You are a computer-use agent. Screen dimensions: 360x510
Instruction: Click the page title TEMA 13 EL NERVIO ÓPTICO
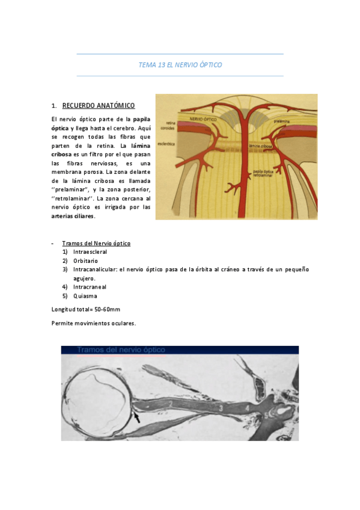coord(180,65)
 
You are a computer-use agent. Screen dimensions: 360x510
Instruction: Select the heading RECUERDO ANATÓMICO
coord(99,106)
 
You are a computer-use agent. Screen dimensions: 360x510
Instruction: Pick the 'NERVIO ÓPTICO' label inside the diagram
coord(203,119)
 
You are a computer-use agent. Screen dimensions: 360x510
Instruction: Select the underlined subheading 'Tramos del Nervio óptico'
coord(96,243)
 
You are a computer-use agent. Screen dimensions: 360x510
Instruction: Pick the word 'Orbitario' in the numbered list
coord(85,261)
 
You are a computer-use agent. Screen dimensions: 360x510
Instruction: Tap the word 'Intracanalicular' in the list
coord(94,269)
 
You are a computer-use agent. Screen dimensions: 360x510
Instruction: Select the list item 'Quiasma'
coord(85,296)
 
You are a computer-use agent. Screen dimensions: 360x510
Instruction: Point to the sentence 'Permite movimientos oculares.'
coord(94,323)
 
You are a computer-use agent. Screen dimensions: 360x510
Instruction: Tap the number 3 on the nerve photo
coord(221,408)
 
